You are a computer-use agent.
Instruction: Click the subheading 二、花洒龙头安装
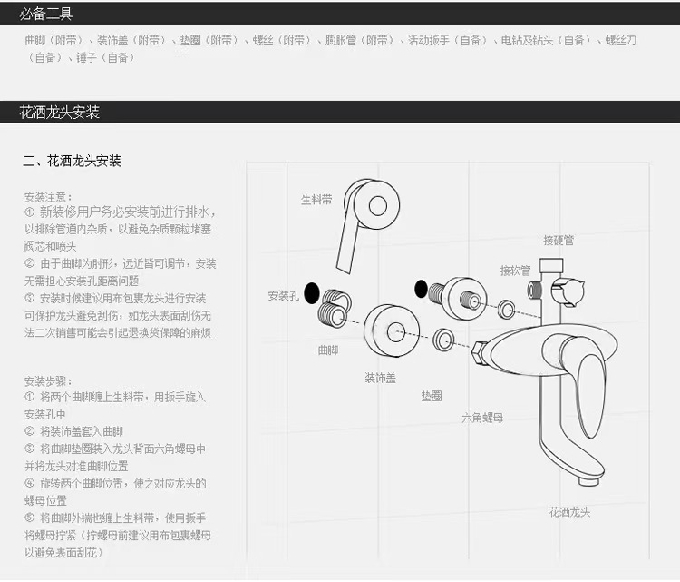coord(73,161)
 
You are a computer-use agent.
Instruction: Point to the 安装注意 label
coord(47,196)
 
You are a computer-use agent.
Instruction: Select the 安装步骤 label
coord(47,380)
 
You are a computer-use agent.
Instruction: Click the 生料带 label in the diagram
coord(316,199)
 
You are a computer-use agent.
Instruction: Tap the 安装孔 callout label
coord(283,296)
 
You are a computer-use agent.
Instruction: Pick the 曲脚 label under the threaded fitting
coord(328,349)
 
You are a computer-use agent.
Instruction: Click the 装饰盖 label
coord(381,377)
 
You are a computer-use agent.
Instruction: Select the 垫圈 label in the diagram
coord(431,397)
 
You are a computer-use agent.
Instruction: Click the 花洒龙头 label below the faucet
coord(569,512)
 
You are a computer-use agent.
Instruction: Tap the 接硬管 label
coord(559,240)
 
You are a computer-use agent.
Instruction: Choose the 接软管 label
coord(516,271)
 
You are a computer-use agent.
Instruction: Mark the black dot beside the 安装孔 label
coord(311,293)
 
